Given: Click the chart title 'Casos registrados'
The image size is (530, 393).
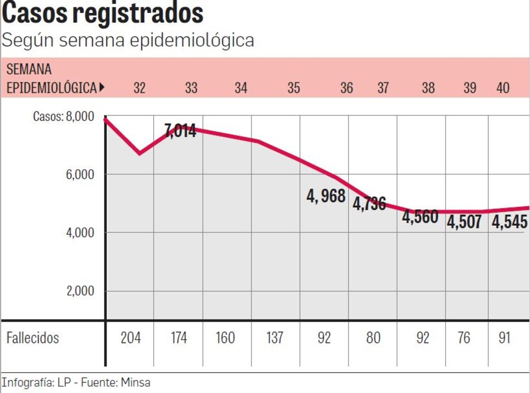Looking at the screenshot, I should pos(103,13).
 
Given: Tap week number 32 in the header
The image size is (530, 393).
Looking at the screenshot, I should pos(139,88).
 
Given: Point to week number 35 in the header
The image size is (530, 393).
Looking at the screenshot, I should pos(293,88).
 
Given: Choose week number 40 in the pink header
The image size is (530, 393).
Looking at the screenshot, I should pos(503,88).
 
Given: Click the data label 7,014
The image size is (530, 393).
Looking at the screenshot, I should pos(180,132).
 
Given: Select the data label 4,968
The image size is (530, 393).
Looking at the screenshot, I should pos(326,196).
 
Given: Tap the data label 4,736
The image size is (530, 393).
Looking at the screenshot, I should pos(369,203).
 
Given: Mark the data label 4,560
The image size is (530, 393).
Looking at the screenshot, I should pos(420,217).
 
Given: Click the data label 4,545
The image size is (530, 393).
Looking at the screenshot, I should pos(509,222).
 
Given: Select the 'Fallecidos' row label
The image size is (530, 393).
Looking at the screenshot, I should pos(32,338).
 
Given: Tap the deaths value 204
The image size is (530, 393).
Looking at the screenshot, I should pos(131,338).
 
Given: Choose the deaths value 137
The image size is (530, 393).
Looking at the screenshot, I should pos(274,338).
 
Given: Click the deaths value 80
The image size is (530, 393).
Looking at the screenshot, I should pos(373,338).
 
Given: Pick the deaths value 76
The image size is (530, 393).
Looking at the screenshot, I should pos(464,338).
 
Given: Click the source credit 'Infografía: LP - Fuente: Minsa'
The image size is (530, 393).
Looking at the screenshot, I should pos(76,383).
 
